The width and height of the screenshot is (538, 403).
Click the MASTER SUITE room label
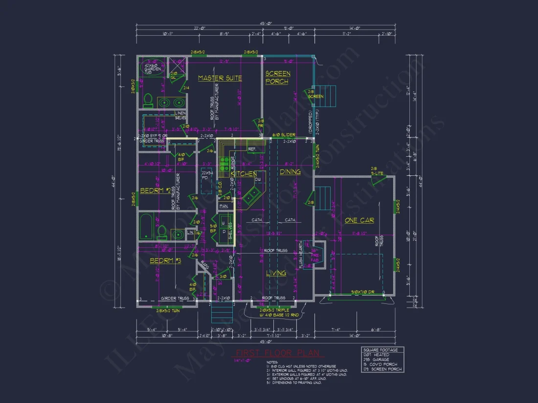tap(220, 78)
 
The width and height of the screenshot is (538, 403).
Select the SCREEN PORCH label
tap(277, 78)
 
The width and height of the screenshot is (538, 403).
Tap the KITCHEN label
tap(244, 174)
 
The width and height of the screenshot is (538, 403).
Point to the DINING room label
tap(290, 172)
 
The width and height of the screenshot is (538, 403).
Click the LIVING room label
tap(276, 274)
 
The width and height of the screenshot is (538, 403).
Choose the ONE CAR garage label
tap(359, 220)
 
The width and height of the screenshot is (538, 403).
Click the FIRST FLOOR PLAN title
tap(277, 353)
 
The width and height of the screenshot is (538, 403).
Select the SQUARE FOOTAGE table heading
tap(382, 350)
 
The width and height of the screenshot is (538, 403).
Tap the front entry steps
tap(219, 313)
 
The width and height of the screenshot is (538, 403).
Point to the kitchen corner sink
tap(253, 195)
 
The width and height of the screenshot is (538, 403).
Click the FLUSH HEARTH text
tap(301, 256)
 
